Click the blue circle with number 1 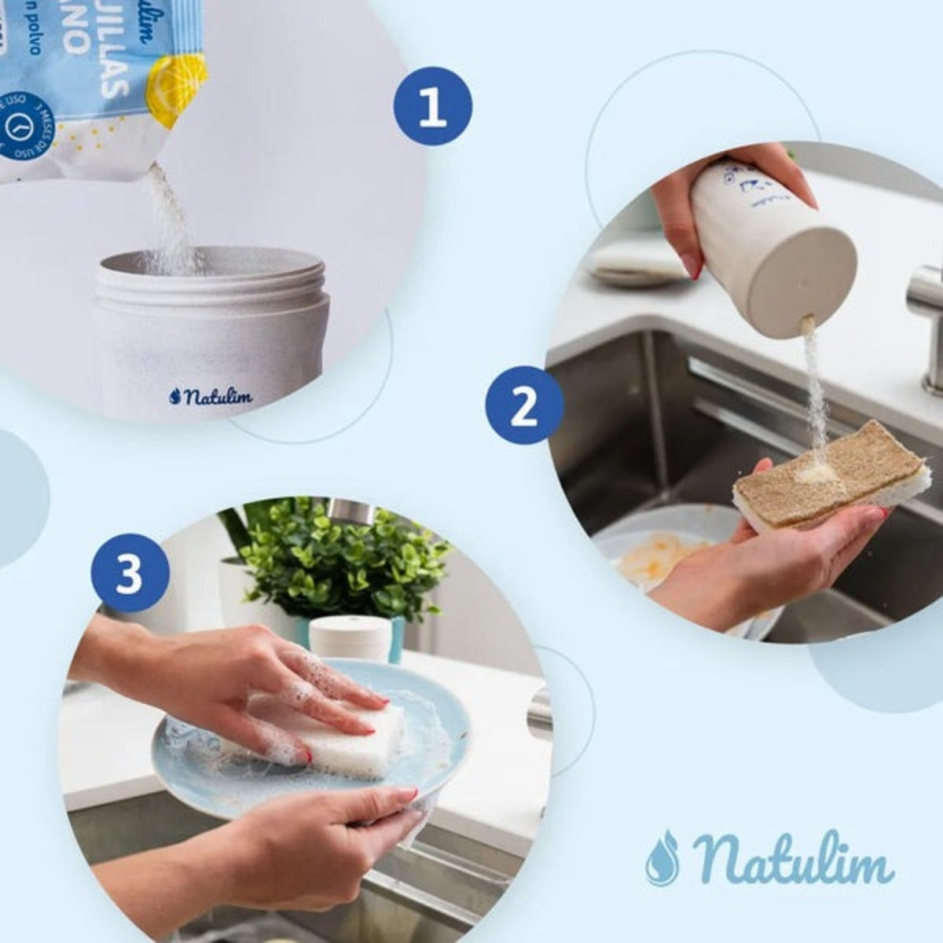pos(432,108)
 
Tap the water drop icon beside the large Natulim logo pos(662,857)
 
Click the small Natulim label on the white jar pos(210,395)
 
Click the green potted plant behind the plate pos(338,558)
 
